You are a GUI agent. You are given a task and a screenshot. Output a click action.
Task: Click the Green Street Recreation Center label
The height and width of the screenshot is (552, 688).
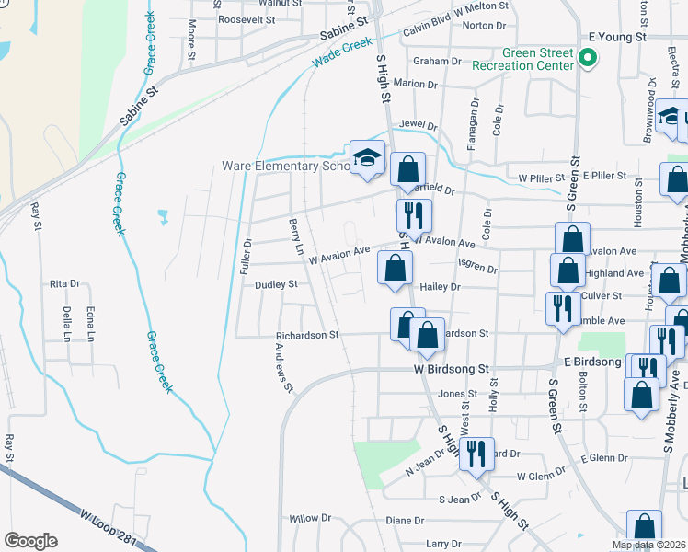pyautogui.click(x=522, y=60)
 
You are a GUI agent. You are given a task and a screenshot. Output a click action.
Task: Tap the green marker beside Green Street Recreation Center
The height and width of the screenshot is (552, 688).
pyautogui.click(x=587, y=61)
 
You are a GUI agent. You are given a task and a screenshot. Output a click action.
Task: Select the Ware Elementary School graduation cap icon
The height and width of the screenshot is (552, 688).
pyautogui.click(x=366, y=156)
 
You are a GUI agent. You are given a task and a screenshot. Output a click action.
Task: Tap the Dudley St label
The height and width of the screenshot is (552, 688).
pyautogui.click(x=276, y=285)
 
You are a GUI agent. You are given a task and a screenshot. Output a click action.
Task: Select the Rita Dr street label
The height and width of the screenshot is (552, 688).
pyautogui.click(x=65, y=284)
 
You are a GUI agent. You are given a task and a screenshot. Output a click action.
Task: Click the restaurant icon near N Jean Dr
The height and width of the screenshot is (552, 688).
pyautogui.click(x=476, y=454)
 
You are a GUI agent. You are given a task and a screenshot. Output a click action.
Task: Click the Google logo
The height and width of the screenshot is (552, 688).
pyautogui.click(x=30, y=541)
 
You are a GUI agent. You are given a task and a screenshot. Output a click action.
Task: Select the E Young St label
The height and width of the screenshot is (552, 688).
pyautogui.click(x=618, y=37)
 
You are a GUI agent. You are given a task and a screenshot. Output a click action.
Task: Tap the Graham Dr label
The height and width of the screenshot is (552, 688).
pyautogui.click(x=436, y=62)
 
